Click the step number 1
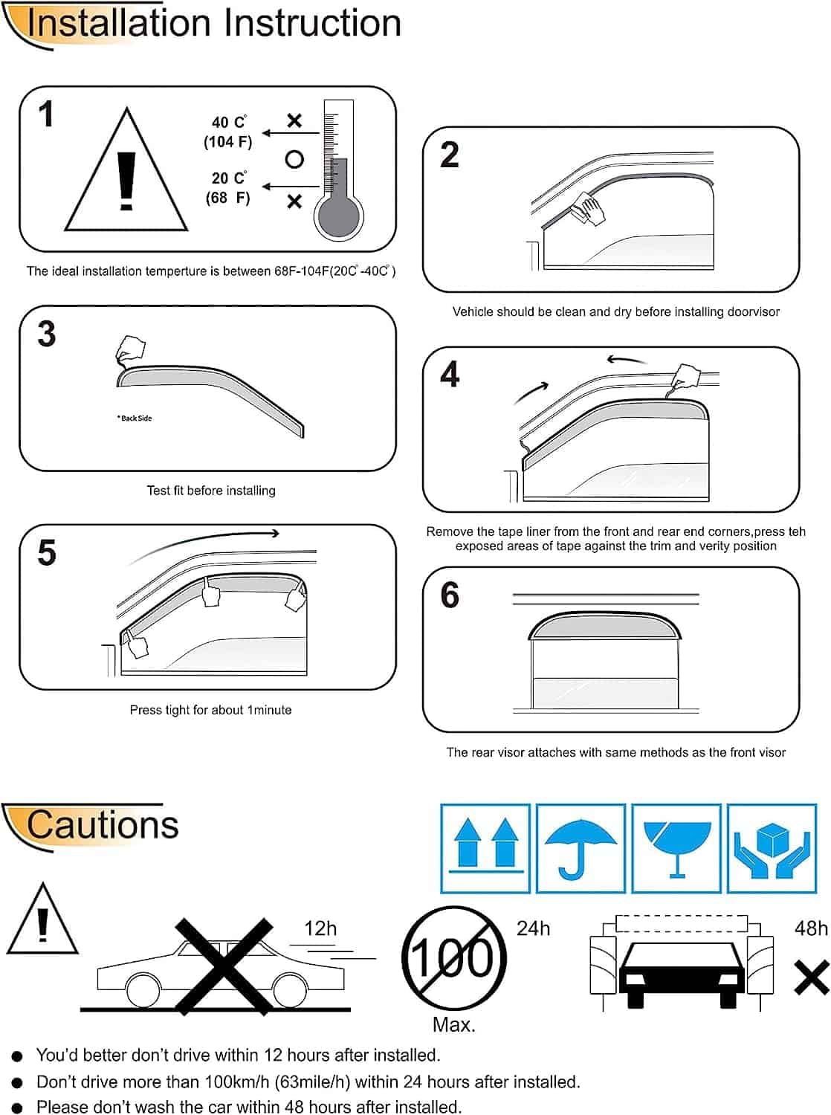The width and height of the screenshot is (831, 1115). [46, 114]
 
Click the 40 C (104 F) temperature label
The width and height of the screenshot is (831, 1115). [228, 132]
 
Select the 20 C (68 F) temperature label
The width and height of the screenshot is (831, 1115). [228, 188]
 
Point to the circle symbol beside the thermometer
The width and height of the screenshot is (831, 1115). [294, 159]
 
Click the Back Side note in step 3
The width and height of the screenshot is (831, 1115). [135, 418]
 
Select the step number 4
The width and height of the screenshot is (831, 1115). [450, 375]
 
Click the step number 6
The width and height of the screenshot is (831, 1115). [450, 595]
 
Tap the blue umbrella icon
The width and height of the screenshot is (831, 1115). [581, 848]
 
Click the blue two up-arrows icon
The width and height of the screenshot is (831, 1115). [485, 848]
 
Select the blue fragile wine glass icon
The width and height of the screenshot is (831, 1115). [676, 848]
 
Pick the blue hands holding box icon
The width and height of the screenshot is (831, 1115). [771, 848]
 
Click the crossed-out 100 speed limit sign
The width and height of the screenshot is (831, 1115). [453, 957]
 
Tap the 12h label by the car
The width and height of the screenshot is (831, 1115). [320, 928]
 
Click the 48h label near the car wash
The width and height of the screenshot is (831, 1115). [811, 928]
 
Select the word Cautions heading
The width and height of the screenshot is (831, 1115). [103, 825]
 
